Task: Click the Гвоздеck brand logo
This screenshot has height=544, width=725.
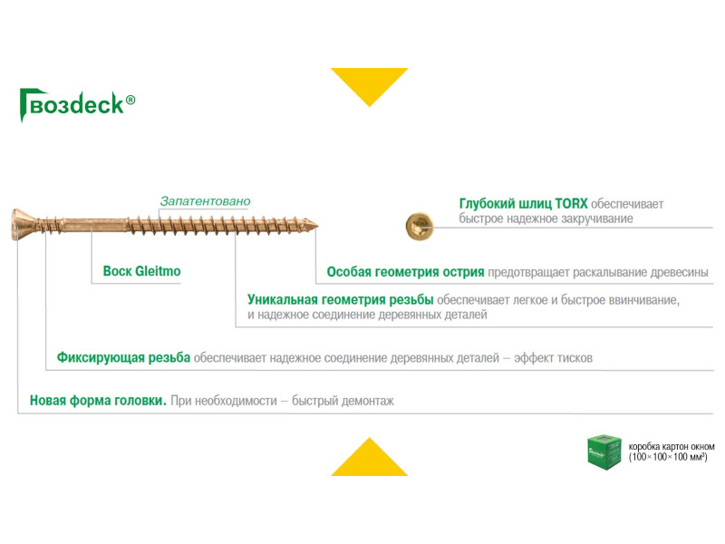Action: point(76,104)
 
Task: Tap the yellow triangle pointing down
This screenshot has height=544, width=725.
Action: point(369,84)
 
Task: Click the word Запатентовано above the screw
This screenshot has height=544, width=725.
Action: point(205,200)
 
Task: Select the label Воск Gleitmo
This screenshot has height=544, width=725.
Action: point(142,271)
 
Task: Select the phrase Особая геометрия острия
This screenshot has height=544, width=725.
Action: point(405,271)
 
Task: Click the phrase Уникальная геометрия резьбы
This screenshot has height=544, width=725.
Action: point(341,299)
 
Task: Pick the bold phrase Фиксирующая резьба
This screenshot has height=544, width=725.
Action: point(123,358)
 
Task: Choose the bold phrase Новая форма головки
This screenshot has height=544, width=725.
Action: point(98,400)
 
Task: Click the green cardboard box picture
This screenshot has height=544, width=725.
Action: point(603,452)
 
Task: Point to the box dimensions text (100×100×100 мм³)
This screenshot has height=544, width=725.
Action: point(668,459)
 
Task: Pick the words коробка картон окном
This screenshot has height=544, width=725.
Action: point(672,446)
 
